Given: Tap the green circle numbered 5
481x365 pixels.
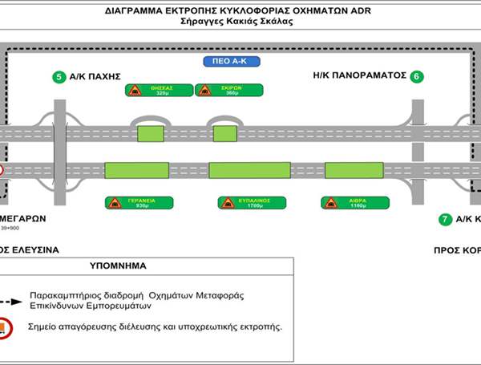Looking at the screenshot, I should pyautogui.click(x=59, y=77).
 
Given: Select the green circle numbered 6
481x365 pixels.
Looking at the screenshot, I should pyautogui.click(x=415, y=77).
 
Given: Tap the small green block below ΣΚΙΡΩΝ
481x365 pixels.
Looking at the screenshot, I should pyautogui.click(x=224, y=132).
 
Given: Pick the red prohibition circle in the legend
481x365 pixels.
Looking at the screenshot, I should pyautogui.click(x=5, y=328).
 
